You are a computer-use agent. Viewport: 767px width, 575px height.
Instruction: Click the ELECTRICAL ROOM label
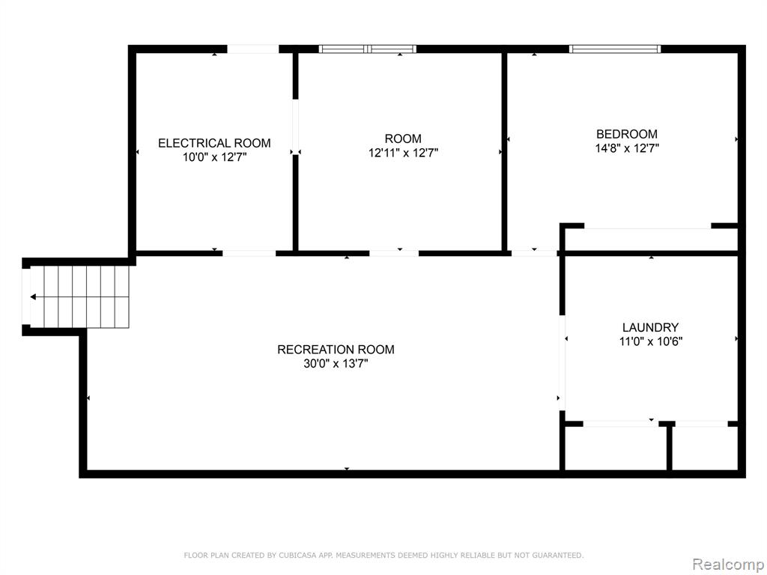(214, 143)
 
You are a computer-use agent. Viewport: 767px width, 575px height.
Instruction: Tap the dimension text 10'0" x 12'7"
(215, 157)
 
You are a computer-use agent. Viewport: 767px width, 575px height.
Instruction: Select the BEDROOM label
(627, 134)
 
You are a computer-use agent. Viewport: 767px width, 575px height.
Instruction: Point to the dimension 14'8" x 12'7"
(627, 148)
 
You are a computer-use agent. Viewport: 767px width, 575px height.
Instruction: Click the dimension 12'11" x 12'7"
(403, 153)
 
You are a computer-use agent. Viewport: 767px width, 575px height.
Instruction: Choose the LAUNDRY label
(650, 328)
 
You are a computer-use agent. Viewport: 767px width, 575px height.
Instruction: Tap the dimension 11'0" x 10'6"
(651, 341)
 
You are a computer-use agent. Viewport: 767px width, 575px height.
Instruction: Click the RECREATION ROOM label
(336, 350)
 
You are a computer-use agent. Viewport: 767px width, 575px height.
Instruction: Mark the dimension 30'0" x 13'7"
(336, 364)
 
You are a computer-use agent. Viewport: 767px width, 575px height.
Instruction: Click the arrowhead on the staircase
(33, 296)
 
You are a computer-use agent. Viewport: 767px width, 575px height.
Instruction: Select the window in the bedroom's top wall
(615, 49)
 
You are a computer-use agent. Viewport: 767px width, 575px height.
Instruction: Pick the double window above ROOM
(367, 49)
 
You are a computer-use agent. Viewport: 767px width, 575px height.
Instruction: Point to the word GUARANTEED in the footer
(557, 556)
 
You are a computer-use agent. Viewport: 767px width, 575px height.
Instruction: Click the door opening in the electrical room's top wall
(253, 49)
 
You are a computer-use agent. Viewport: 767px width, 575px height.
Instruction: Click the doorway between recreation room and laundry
(562, 362)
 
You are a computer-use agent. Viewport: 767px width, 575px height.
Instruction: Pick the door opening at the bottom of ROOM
(394, 253)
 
